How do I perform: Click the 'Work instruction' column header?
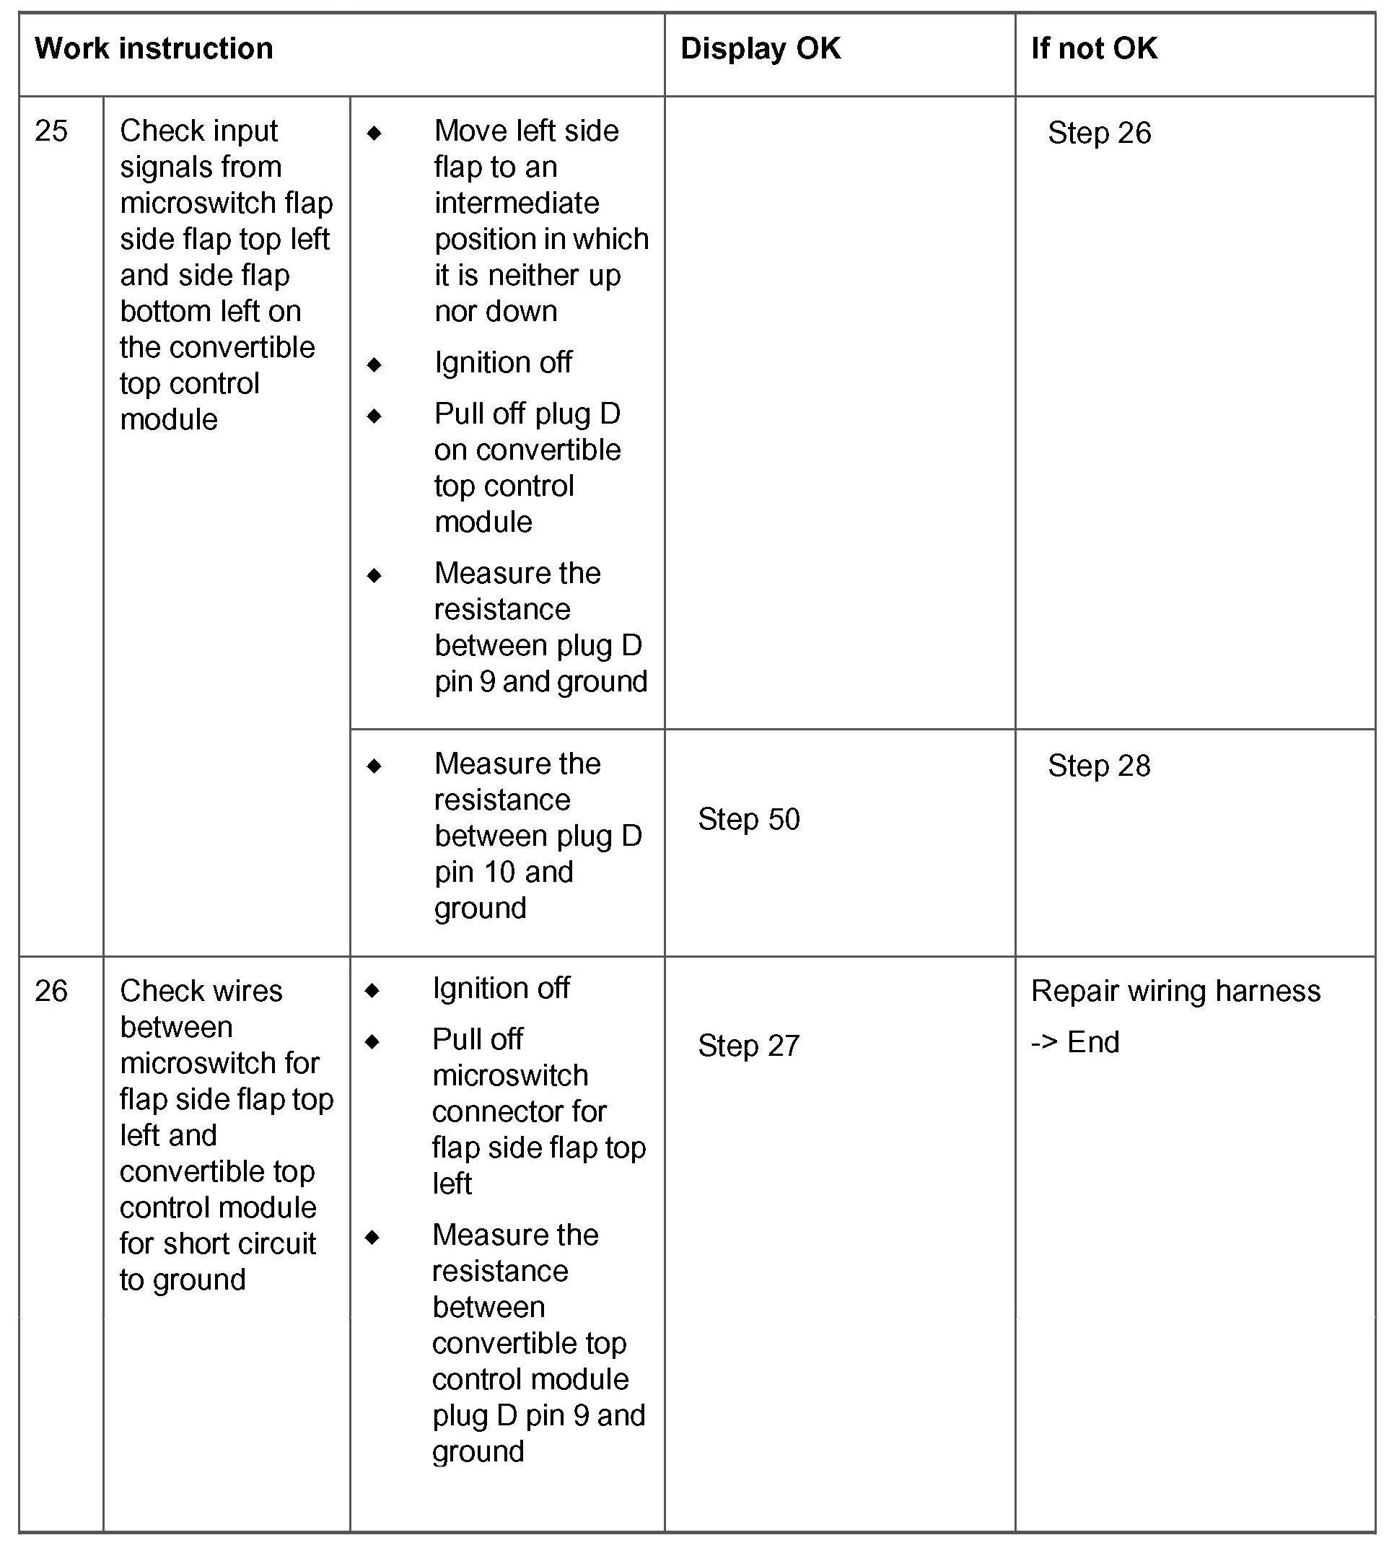(x=154, y=49)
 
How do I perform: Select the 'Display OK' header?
(x=760, y=49)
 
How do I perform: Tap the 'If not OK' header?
(x=1094, y=49)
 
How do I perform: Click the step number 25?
(x=51, y=131)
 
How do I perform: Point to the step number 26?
(x=51, y=991)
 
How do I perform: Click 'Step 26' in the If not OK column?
(x=1099, y=133)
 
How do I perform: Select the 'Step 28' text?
(x=1099, y=766)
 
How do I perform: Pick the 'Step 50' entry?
(x=749, y=819)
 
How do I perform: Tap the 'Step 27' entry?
(x=749, y=1046)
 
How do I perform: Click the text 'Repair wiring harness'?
(x=1175, y=991)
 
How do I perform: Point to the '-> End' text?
(x=1074, y=1042)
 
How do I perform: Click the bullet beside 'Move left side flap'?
(x=374, y=133)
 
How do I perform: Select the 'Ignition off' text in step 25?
(x=503, y=362)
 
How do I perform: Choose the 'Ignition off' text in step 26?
(x=501, y=989)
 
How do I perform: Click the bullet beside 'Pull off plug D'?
(x=374, y=416)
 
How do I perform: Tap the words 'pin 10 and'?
(x=504, y=872)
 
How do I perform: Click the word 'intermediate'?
(x=517, y=203)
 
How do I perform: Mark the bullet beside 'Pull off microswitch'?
(x=372, y=1041)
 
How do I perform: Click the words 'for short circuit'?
(x=217, y=1243)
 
